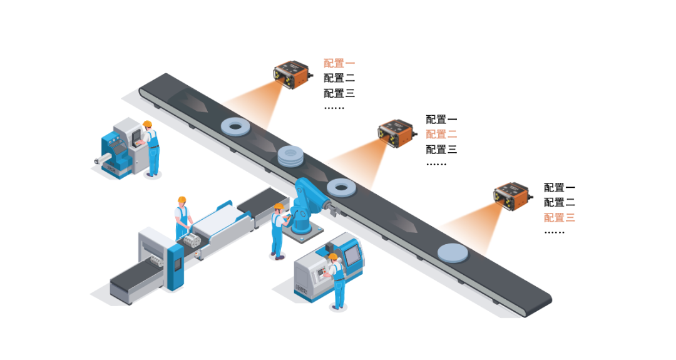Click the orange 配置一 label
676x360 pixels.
point(339,63)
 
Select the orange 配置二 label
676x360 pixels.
point(441,134)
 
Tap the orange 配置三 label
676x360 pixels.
point(559,218)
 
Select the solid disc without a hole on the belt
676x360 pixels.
point(453,252)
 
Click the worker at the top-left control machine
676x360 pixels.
point(151,149)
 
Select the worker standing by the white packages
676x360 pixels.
point(182,219)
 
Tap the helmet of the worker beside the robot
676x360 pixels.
point(279,206)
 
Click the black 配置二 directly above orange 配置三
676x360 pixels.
point(559,202)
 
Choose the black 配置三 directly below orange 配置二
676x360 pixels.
point(441,150)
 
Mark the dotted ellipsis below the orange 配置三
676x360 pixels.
point(554,232)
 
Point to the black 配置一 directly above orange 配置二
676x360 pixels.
point(441,119)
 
